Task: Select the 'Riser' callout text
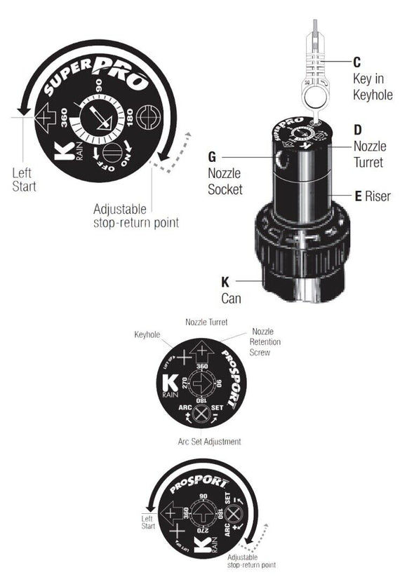[378, 197]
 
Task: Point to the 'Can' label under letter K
[231, 298]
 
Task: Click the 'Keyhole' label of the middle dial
[148, 335]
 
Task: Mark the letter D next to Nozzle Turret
[359, 130]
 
